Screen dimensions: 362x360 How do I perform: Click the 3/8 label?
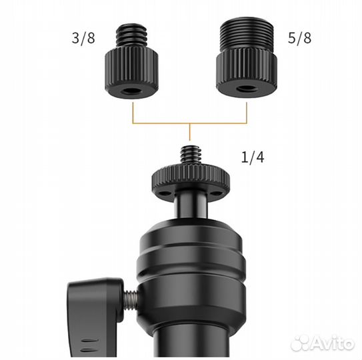pos(83,38)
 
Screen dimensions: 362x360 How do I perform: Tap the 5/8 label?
pos(299,38)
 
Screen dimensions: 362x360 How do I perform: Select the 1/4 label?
pos(253,157)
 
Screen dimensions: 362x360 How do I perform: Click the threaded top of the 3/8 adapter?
pos(131,35)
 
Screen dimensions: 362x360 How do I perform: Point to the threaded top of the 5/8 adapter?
pos(247,34)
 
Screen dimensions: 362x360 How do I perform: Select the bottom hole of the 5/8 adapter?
pos(247,89)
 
